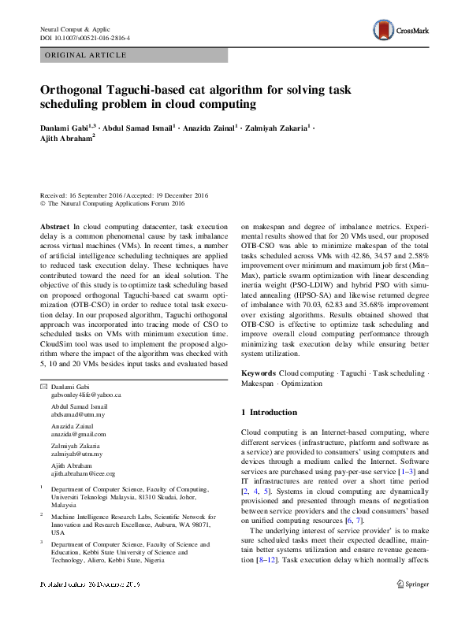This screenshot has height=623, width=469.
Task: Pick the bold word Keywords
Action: pos(259,371)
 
